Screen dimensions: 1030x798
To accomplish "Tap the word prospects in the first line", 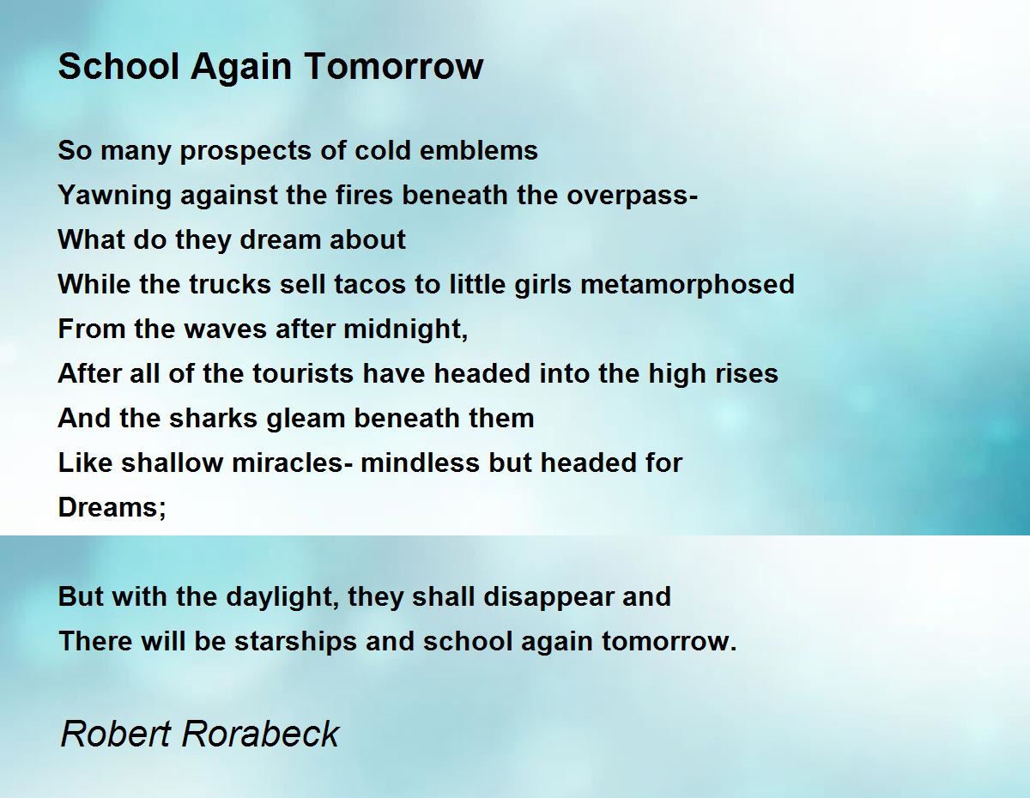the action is (245, 152).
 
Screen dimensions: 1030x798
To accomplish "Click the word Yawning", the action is (114, 196).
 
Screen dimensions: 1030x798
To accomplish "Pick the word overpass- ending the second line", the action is (633, 196).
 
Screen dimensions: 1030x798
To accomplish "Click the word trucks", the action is (230, 284).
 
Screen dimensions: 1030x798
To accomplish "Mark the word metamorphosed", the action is (688, 285).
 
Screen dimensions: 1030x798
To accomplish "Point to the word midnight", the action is (406, 329).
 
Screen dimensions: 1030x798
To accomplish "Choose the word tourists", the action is (303, 373).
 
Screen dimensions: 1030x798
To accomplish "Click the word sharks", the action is (214, 418).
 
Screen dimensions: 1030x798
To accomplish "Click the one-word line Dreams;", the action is (112, 507).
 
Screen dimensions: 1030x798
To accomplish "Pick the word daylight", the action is (282, 597).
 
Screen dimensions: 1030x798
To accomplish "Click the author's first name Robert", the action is (115, 734).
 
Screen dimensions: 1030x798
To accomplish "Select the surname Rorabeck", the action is (260, 734).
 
